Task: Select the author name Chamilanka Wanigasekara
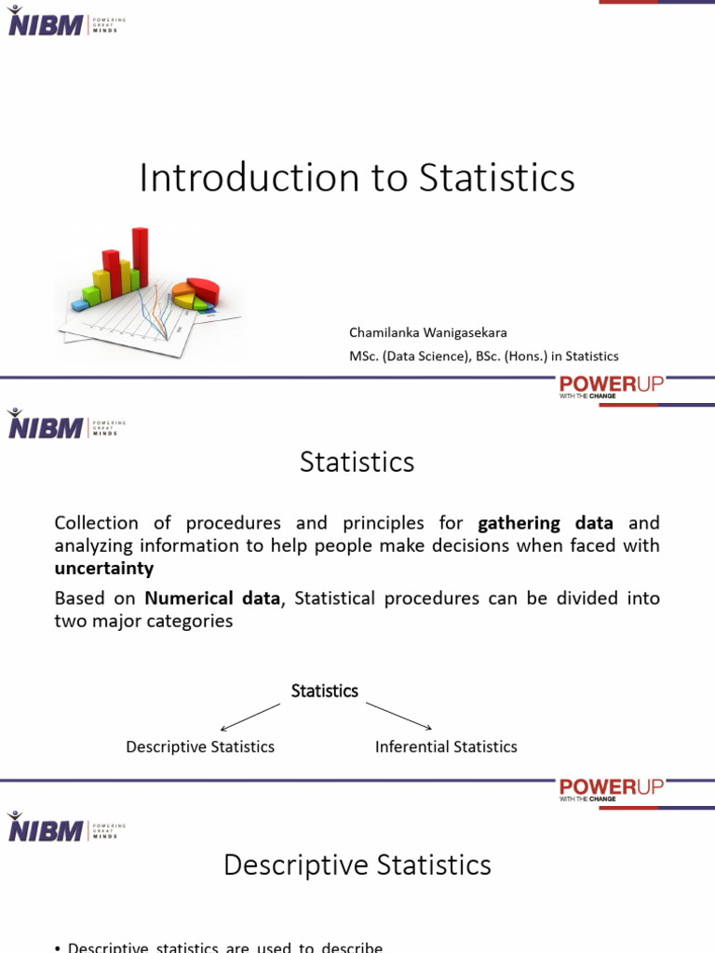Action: pyautogui.click(x=428, y=332)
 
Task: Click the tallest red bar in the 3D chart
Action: pyautogui.click(x=141, y=258)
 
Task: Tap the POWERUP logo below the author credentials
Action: pyautogui.click(x=611, y=385)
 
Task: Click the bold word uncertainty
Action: pyautogui.click(x=104, y=568)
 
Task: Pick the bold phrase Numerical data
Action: pyautogui.click(x=212, y=598)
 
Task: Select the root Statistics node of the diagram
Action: pyautogui.click(x=325, y=691)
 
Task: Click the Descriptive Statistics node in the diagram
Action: pyautogui.click(x=200, y=746)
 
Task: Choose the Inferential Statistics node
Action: pyautogui.click(x=446, y=746)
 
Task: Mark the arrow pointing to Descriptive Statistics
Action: pyautogui.click(x=250, y=718)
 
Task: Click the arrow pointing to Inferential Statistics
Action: pyautogui.click(x=399, y=717)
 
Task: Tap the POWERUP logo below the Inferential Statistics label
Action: pyautogui.click(x=611, y=789)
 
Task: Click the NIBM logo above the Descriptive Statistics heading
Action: pyautogui.click(x=46, y=827)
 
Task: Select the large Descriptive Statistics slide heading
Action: pyautogui.click(x=357, y=866)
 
